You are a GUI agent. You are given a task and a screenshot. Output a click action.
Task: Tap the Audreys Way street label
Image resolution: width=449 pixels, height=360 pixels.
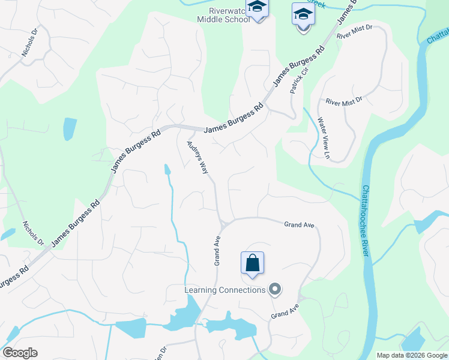[197, 157]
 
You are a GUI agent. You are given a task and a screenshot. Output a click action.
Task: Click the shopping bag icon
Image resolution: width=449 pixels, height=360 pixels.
[252, 263]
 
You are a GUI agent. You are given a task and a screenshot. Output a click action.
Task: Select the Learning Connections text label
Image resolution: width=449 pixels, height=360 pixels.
[224, 290]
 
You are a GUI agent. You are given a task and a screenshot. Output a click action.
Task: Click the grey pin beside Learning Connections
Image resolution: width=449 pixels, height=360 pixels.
[276, 290]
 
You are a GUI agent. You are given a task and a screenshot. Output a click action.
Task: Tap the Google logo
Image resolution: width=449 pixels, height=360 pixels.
[20, 353]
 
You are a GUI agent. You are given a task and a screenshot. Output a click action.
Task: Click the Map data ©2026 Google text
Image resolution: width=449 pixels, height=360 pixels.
[412, 356]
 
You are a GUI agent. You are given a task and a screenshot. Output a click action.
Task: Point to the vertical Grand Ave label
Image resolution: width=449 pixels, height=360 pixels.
[218, 250]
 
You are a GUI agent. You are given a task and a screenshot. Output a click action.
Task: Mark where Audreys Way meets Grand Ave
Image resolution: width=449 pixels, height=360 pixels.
[222, 224]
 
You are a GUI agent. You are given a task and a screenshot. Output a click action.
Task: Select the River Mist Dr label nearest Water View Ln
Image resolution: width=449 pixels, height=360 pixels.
[344, 103]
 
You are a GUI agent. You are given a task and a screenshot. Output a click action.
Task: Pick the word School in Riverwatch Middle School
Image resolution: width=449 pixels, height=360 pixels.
[235, 19]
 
